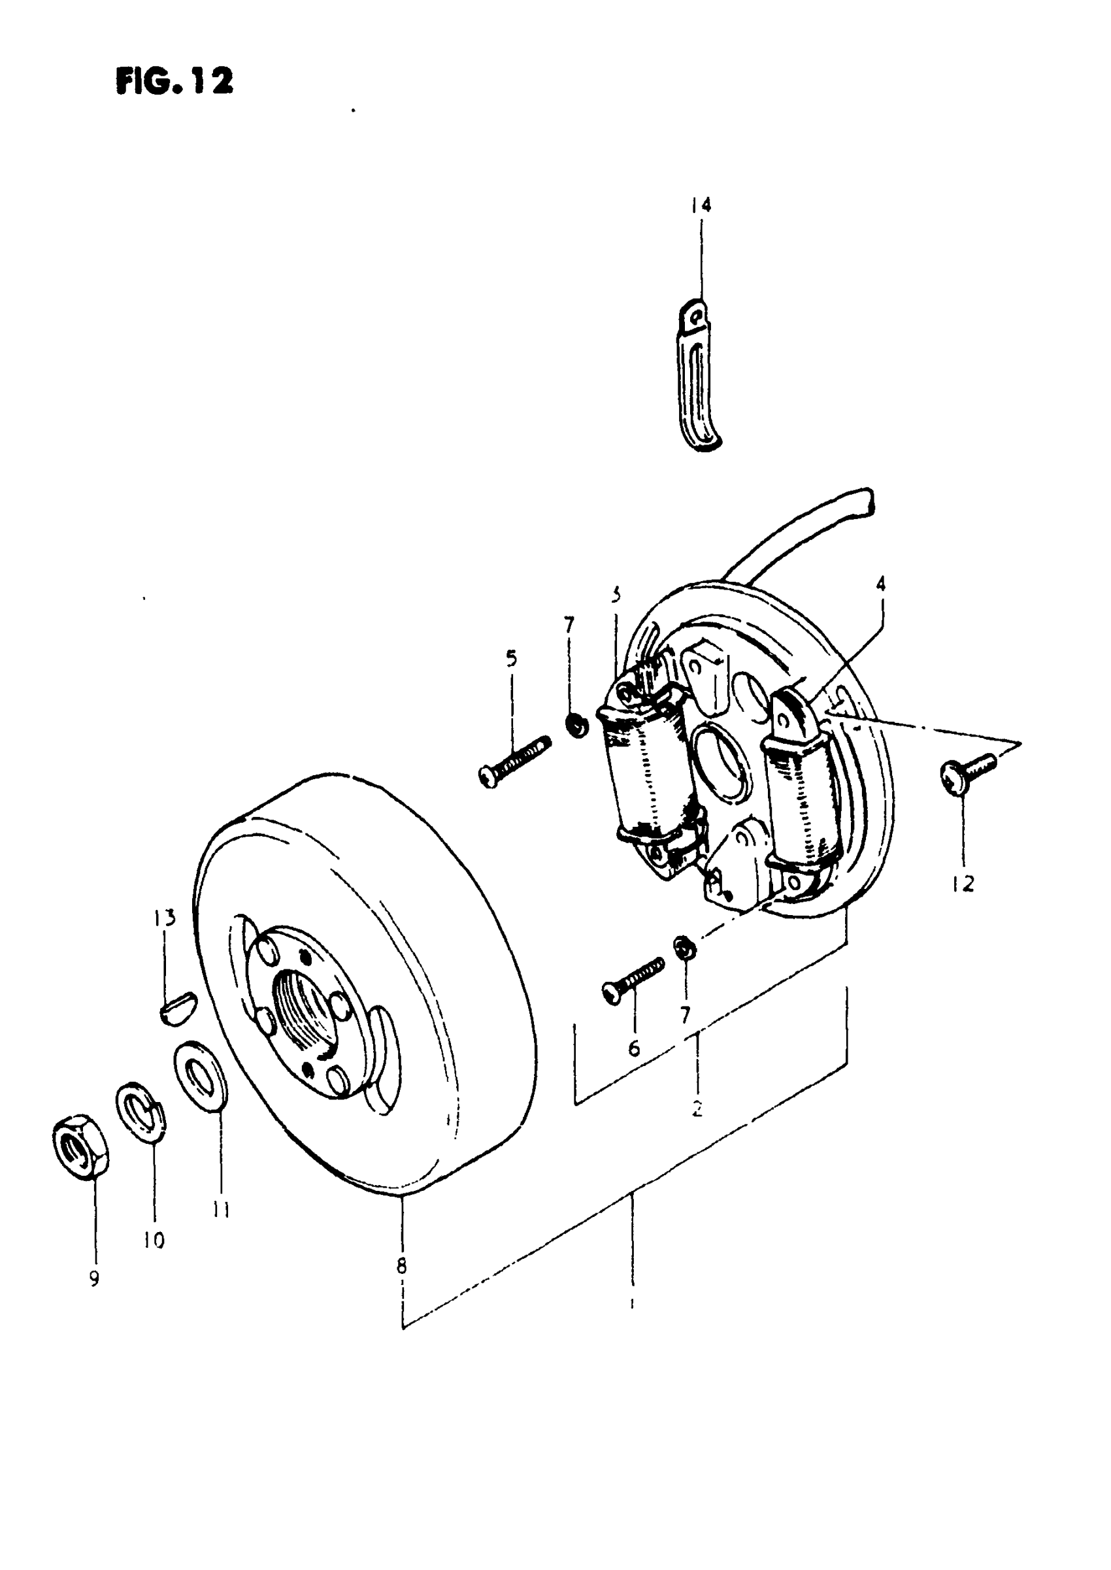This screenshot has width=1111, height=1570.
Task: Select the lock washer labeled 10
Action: point(141,1112)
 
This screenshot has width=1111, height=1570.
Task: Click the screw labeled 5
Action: point(515,761)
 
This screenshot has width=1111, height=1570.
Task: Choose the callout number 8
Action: point(401,1265)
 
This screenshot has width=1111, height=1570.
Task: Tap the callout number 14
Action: point(701,205)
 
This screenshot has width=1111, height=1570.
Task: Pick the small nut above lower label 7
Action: point(683,948)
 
